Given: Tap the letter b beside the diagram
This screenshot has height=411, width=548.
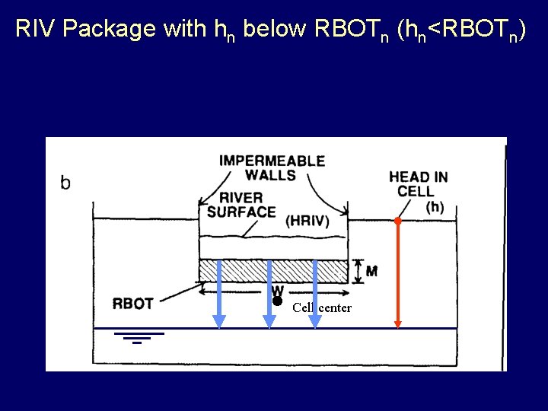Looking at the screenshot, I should (65, 183).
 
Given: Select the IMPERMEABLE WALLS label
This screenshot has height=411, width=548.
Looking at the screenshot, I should (272, 167).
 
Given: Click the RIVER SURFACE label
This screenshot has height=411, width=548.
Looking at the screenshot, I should (241, 205).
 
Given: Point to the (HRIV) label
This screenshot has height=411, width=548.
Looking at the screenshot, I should (307, 221).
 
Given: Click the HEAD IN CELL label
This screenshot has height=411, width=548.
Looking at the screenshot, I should (418, 183).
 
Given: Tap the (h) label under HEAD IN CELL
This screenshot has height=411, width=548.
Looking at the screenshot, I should (435, 206).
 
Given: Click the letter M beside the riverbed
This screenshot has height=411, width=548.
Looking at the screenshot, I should (371, 271).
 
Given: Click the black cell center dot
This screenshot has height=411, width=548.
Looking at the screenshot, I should (278, 301).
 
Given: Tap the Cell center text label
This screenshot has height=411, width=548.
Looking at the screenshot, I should (322, 307).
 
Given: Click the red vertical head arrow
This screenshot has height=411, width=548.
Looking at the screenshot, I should (397, 274).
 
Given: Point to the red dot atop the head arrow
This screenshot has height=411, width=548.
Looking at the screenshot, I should (397, 221).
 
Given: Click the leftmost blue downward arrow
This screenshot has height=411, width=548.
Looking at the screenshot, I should (219, 293).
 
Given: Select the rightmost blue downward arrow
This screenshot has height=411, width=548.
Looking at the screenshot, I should (315, 293).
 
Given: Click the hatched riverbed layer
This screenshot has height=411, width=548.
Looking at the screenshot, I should (244, 270).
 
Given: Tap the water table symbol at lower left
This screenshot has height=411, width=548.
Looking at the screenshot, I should (138, 337).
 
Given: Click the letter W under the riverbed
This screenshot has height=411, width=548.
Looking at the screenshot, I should (277, 290).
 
